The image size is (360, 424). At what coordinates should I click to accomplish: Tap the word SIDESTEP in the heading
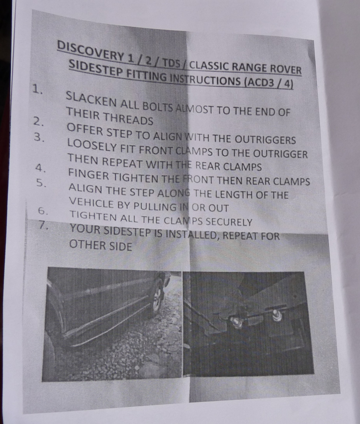[x=95, y=68]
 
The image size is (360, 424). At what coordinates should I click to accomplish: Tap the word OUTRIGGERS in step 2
[x=265, y=140]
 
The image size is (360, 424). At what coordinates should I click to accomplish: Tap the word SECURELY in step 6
[x=229, y=222]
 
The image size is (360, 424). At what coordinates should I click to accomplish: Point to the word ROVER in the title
[x=286, y=69]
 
